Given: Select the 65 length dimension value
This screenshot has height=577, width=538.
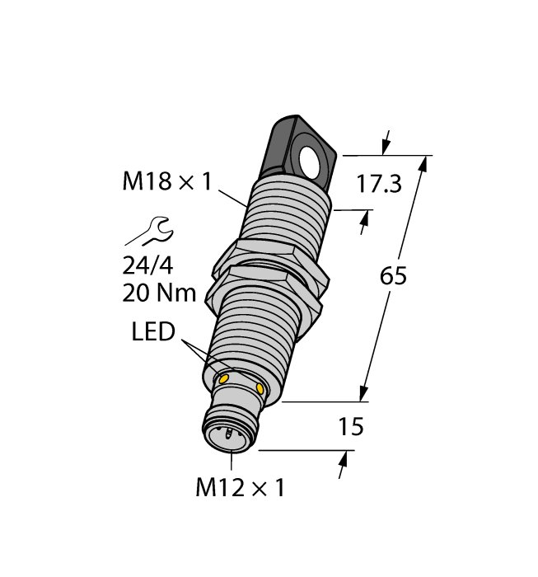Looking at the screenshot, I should coord(393,277).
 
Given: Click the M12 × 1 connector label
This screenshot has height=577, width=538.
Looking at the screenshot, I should coord(239,488).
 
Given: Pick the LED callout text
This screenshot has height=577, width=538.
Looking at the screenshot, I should coord(154,333).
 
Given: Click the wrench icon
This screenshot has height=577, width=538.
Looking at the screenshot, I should coord(149,230).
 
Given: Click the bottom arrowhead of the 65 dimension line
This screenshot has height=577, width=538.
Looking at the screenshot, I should coord(364,394).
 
